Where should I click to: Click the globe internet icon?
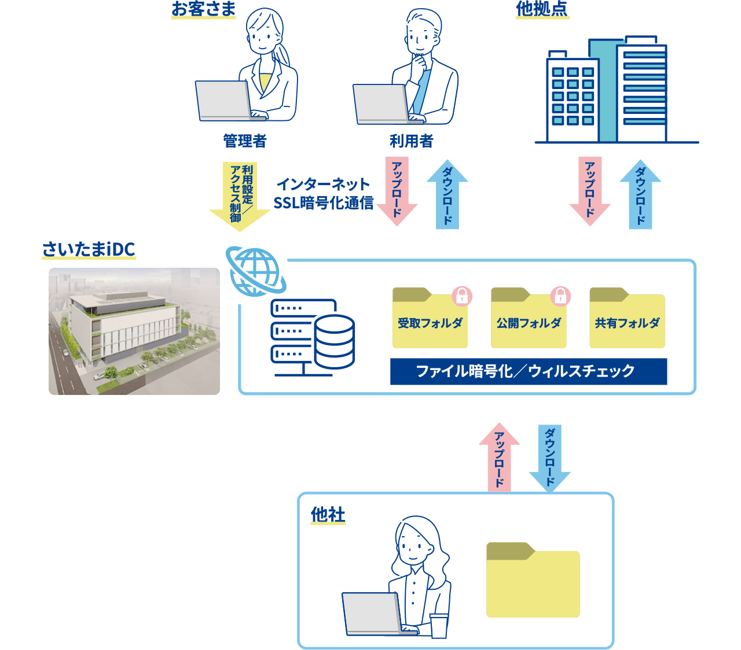pyautogui.click(x=254, y=271)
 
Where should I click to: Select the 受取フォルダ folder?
pyautogui.click(x=430, y=320)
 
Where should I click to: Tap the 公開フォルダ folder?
pyautogui.click(x=528, y=320)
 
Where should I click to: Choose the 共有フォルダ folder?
pyautogui.click(x=627, y=320)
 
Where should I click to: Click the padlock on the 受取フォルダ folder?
pyautogui.click(x=462, y=296)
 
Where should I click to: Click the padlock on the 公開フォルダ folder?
pyautogui.click(x=560, y=296)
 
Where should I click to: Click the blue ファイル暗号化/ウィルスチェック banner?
pyautogui.click(x=529, y=371)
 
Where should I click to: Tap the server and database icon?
pyautogui.click(x=313, y=337)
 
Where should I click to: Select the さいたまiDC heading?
pyautogui.click(x=89, y=250)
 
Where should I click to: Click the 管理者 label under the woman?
pyautogui.click(x=245, y=141)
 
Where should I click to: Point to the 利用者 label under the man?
pyautogui.click(x=411, y=141)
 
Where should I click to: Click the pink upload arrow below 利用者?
pyautogui.click(x=397, y=191)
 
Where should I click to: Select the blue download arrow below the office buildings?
pyautogui.click(x=640, y=195)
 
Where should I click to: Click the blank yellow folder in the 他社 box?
pyautogui.click(x=533, y=580)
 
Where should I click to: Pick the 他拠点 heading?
pyautogui.click(x=542, y=9)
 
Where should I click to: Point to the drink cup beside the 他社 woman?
pyautogui.click(x=439, y=626)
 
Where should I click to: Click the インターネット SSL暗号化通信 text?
pyautogui.click(x=323, y=194)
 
